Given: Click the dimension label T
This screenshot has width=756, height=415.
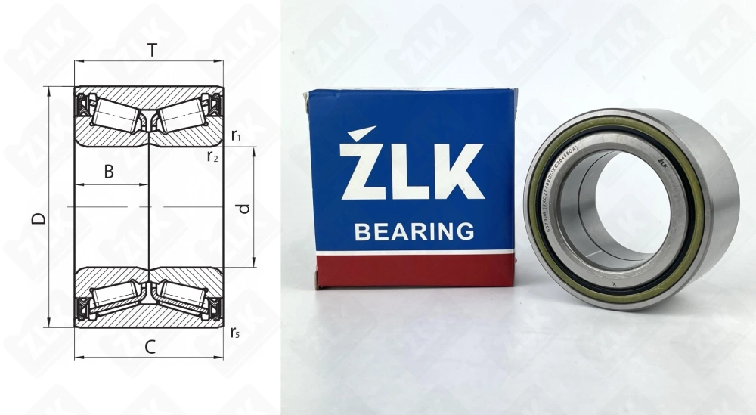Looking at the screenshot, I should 152,51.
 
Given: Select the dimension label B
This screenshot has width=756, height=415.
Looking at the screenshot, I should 109,172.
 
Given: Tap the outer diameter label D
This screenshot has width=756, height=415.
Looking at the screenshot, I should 39,218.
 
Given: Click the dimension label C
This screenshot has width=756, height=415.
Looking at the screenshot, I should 150,348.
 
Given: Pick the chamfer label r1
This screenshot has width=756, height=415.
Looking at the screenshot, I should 236,136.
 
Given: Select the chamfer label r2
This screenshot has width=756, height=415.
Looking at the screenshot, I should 213,156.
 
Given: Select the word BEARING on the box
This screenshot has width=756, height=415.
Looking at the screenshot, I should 414,231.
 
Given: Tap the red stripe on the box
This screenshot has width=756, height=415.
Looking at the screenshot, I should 414,271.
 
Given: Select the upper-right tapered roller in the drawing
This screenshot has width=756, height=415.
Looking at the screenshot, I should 183,115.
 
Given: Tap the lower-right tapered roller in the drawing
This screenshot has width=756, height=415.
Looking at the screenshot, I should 183,297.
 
